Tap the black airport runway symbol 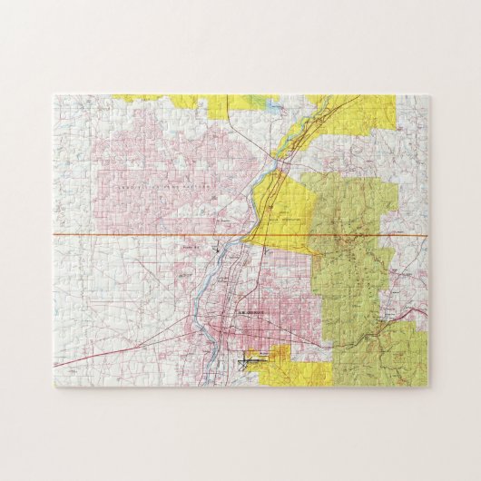[252, 362]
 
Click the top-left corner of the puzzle [54, 94]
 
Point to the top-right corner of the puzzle [428, 94]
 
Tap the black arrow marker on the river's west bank [216, 246]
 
